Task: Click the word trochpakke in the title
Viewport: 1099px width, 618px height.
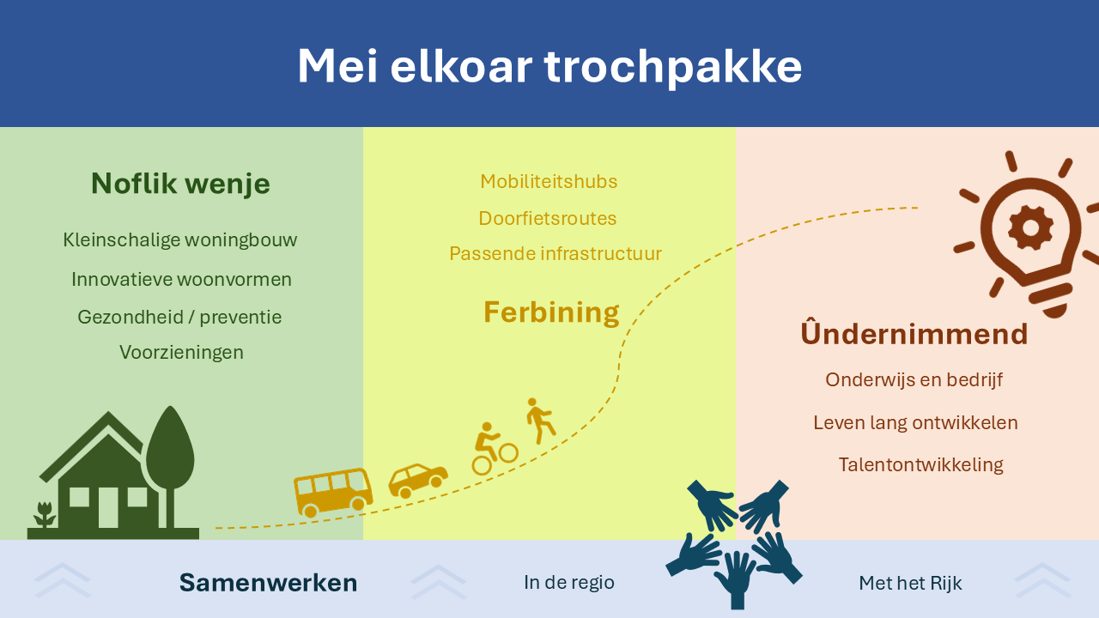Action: point(673,67)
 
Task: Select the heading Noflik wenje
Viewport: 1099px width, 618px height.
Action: point(180,184)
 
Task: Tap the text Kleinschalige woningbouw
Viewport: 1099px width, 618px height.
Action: point(180,240)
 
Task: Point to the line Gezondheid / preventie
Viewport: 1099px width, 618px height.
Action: point(179,318)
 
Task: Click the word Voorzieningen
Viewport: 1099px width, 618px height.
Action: point(181,353)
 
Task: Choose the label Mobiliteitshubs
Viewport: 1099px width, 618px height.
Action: point(549,181)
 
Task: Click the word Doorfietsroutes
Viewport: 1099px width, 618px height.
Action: point(548,218)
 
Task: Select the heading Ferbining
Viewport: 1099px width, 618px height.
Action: point(551,313)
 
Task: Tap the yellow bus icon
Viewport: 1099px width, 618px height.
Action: point(333,493)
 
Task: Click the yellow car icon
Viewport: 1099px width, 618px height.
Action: point(418,481)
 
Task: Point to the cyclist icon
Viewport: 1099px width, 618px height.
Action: point(495,449)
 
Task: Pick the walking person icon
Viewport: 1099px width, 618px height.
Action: point(540,421)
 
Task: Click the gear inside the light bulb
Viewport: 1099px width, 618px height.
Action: point(1031,228)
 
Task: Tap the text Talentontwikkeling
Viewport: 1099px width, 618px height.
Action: point(921,464)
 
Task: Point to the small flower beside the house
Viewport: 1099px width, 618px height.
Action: point(45,514)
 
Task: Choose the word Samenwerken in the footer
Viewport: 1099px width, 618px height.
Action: point(269,583)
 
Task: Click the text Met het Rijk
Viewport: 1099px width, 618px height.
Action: point(910,583)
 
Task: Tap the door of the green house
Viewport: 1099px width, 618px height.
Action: point(108,507)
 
